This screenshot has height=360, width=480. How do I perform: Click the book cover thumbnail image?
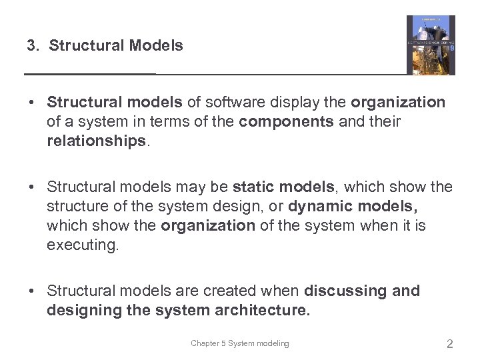point(431,45)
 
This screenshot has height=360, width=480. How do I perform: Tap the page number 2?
point(450,344)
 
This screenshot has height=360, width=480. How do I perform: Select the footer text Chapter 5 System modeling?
point(240,343)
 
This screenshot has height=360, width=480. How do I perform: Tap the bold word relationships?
point(95,141)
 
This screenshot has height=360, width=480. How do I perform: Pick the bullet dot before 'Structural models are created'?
point(32,291)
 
